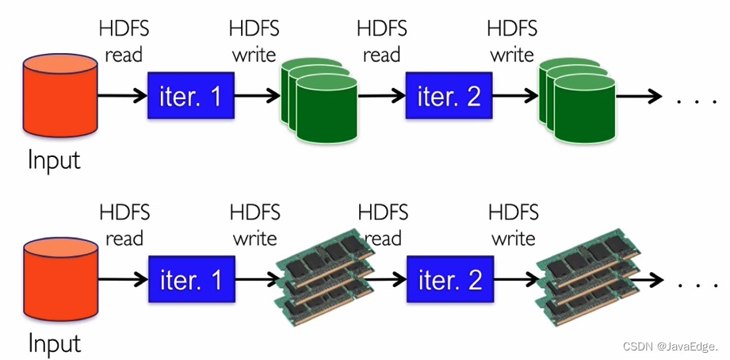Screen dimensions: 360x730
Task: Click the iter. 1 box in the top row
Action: pyautogui.click(x=190, y=97)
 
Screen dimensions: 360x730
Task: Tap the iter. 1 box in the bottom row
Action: pyautogui.click(x=191, y=280)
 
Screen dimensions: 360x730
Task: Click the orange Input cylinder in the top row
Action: pyautogui.click(x=60, y=95)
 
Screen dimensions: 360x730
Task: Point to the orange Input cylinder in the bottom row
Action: pyautogui.click(x=60, y=278)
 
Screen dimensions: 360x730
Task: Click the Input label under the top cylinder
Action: pyautogui.click(x=54, y=160)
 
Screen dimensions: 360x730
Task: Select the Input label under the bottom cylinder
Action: pyautogui.click(x=54, y=343)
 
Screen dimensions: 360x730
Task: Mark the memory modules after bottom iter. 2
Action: pyautogui.click(x=589, y=278)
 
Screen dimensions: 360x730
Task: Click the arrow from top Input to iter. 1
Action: pyautogui.click(x=122, y=97)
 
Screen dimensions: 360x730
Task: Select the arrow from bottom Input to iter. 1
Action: pyautogui.click(x=122, y=280)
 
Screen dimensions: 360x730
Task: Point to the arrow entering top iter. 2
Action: pyautogui.click(x=381, y=97)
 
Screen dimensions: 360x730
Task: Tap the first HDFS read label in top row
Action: pyautogui.click(x=124, y=42)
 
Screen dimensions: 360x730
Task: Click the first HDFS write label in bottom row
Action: pyautogui.click(x=255, y=225)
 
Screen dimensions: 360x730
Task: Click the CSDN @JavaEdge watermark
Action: pyautogui.click(x=670, y=347)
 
